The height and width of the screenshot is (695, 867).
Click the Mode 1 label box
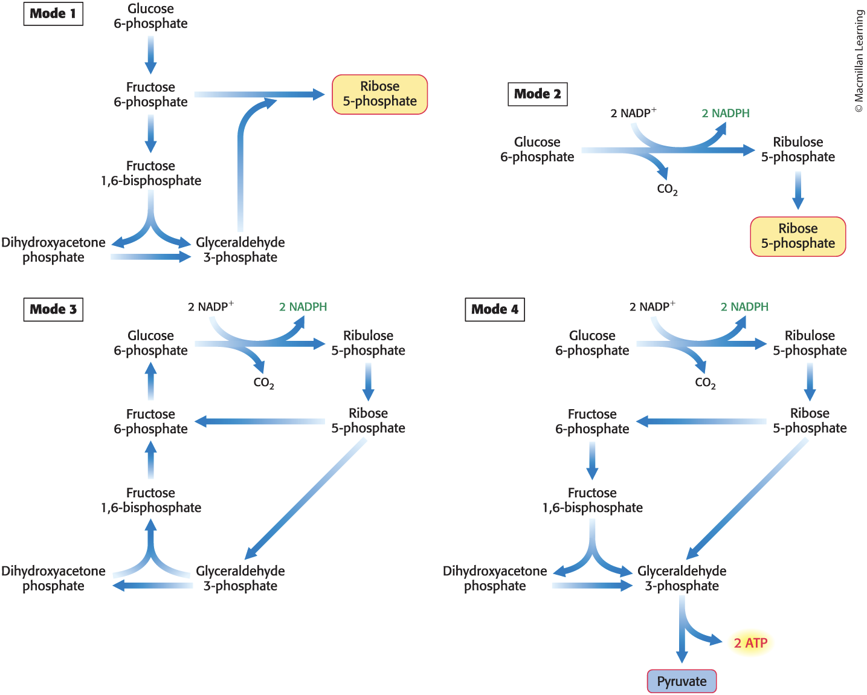tap(53, 14)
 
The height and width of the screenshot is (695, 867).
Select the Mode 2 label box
tap(537, 94)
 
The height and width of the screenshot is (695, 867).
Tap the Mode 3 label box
tap(53, 309)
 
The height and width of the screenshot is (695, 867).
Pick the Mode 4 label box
tap(495, 309)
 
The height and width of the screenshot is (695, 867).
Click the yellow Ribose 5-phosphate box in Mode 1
tap(379, 94)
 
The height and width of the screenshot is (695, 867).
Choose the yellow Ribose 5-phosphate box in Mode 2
tap(798, 236)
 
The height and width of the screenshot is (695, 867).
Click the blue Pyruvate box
tap(682, 681)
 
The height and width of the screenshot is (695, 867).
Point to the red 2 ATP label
tap(750, 643)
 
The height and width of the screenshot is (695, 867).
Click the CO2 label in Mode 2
tap(667, 189)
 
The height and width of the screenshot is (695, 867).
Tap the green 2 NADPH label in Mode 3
tap(303, 307)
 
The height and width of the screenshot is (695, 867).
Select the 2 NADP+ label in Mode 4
tap(652, 307)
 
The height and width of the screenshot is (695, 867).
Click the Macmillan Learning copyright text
tap(859, 60)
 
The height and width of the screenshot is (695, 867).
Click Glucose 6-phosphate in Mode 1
tap(150, 16)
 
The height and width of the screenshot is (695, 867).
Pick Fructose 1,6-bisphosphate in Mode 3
tap(150, 500)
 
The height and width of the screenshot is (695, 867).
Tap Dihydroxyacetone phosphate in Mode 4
tap(495, 578)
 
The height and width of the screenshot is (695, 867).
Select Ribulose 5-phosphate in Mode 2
tap(798, 149)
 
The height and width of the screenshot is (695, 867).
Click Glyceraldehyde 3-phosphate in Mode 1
tap(240, 250)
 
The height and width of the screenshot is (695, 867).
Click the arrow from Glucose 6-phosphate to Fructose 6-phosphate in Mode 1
tap(150, 54)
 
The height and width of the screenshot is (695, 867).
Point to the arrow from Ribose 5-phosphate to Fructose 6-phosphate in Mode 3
tap(260, 421)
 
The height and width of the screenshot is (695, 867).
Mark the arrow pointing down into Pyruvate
tap(682, 635)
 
